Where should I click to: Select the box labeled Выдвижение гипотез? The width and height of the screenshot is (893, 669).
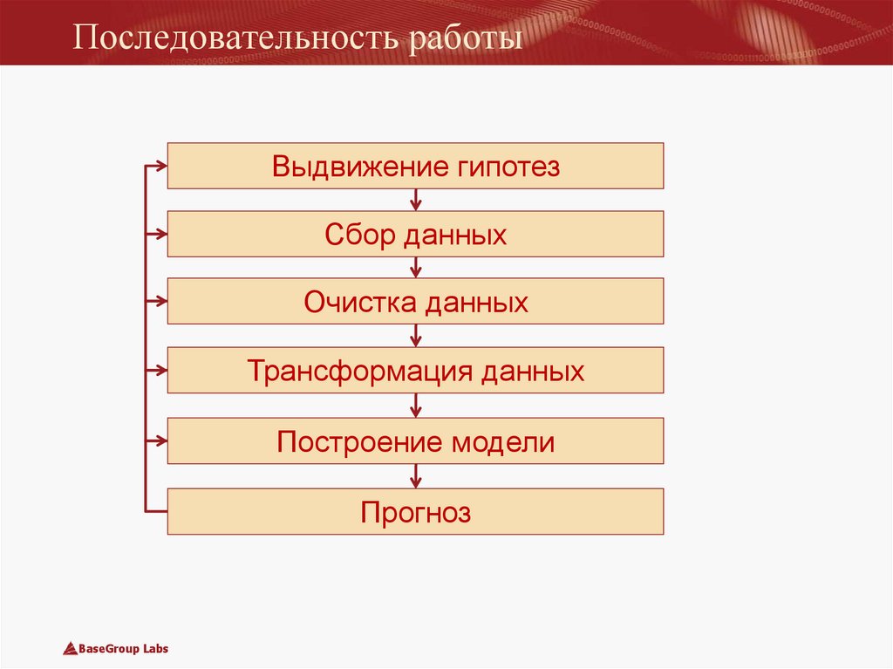pos(415,166)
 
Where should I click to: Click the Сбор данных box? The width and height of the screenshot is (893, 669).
pos(415,234)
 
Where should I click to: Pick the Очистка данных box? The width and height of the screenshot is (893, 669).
pos(415,302)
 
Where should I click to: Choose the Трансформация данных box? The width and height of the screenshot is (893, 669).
pos(415,371)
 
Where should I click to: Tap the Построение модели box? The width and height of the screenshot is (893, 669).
pos(415,440)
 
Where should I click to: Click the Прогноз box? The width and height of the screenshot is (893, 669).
pos(415,511)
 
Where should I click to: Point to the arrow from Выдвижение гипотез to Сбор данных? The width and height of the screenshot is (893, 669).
pos(416,200)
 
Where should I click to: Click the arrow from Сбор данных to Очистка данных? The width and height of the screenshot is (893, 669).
pos(416,268)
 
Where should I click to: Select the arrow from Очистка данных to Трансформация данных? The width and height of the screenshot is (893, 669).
pos(416,336)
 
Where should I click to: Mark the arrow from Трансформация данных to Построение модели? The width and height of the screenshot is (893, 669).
pos(416,405)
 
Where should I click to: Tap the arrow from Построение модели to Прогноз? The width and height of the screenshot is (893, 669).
pos(416,475)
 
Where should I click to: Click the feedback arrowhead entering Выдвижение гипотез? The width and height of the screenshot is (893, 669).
pos(160,166)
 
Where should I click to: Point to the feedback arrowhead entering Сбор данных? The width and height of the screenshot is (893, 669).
pos(160,234)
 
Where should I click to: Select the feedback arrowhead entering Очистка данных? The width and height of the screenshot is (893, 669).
pos(160,302)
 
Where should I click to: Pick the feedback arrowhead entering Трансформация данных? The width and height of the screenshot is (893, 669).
pos(160,371)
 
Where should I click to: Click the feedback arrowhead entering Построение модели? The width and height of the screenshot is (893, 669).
pos(160,440)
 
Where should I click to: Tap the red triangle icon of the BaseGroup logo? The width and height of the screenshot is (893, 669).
pos(71,648)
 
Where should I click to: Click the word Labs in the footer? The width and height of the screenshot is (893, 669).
pos(153,649)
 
